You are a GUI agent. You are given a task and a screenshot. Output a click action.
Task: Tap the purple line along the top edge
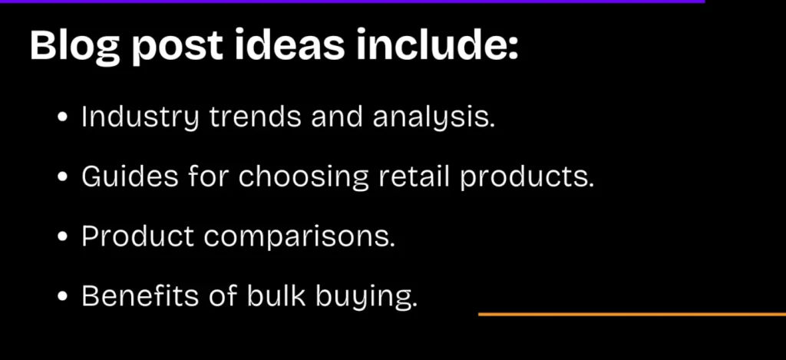pos(353,2)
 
